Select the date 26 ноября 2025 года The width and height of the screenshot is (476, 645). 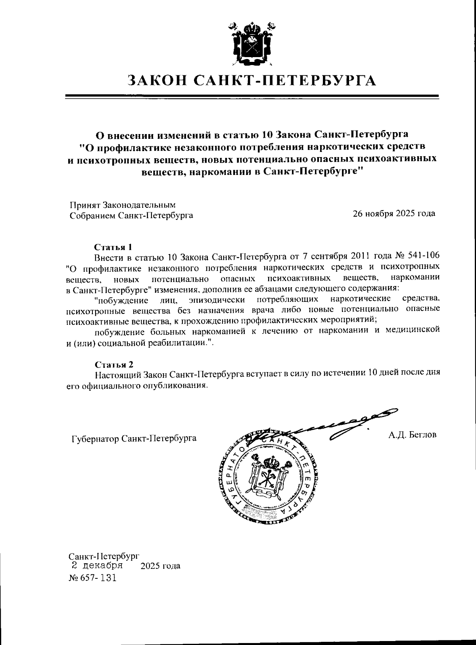pyautogui.click(x=394, y=213)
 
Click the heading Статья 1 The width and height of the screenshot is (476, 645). pyautogui.click(x=113, y=247)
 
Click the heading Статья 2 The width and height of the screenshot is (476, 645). pyautogui.click(x=114, y=364)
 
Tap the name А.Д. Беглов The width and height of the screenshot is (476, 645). pyautogui.click(x=412, y=435)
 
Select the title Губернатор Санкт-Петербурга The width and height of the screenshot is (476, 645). pyautogui.click(x=134, y=439)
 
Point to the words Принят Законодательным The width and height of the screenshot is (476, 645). pyautogui.click(x=123, y=205)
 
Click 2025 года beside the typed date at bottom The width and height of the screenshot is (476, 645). pyautogui.click(x=160, y=566)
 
